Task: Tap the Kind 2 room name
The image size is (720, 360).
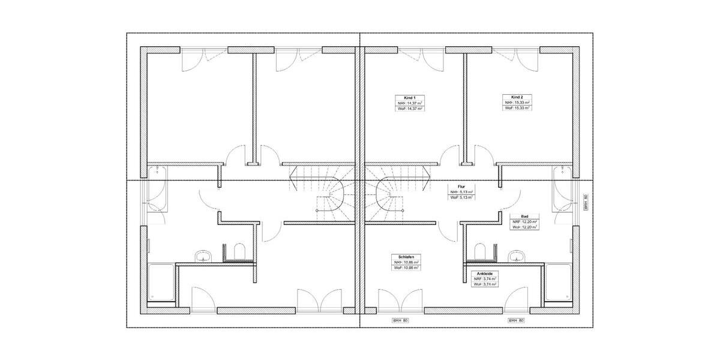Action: click(x=517, y=97)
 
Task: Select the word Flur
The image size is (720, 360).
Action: click(x=461, y=187)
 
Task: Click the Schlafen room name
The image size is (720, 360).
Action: click(x=406, y=256)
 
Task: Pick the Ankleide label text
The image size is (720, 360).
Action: click(x=485, y=274)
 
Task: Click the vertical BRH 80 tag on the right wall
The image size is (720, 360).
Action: click(x=586, y=202)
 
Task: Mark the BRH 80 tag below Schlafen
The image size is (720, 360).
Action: click(x=401, y=321)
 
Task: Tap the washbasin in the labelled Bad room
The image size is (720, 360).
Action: click(x=518, y=257)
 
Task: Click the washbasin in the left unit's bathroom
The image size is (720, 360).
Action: click(x=203, y=257)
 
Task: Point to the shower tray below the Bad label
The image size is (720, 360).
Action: click(x=559, y=283)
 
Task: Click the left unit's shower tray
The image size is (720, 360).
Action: click(x=161, y=283)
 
